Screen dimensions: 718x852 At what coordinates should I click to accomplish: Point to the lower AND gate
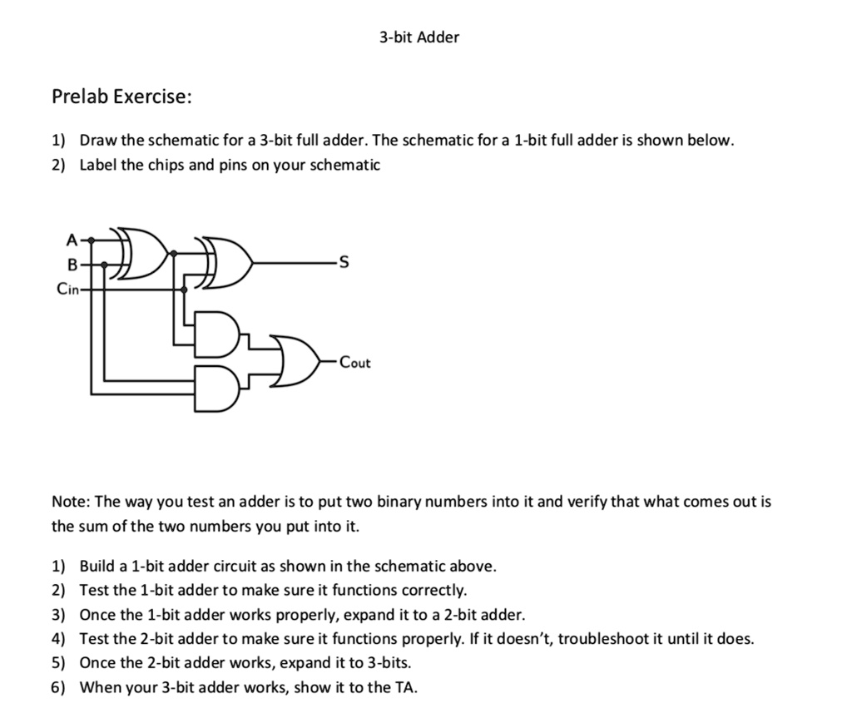tap(216, 389)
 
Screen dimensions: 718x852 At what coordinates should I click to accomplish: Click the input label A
tap(72, 240)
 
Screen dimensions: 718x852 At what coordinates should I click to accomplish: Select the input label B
tap(72, 265)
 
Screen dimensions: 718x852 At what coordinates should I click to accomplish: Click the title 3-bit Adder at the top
tap(419, 37)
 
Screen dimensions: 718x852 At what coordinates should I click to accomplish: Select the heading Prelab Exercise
tap(121, 97)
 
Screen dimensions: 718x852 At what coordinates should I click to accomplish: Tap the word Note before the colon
tap(70, 502)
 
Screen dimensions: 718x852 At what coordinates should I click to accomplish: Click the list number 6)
tap(59, 687)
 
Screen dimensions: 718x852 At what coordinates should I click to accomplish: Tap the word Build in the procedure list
tap(97, 567)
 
